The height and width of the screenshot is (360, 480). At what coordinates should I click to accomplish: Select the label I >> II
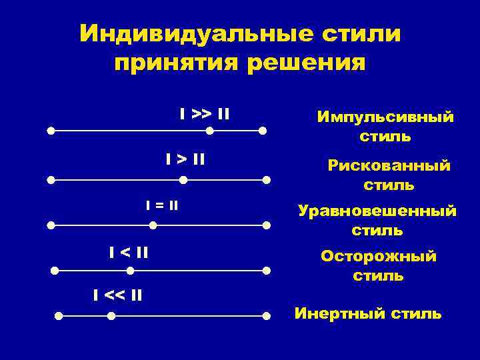205,114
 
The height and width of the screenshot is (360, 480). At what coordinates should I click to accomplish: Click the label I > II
185,159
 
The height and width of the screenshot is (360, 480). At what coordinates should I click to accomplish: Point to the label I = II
162,205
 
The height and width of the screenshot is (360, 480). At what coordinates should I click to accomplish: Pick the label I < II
129,252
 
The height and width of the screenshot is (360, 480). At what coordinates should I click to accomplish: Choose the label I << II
117,294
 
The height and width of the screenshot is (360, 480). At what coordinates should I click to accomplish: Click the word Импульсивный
385,117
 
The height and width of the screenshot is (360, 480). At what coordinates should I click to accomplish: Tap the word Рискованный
389,165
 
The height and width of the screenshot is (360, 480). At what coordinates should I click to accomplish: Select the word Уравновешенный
377,211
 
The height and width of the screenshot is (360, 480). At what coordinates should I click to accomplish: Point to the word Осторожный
379,256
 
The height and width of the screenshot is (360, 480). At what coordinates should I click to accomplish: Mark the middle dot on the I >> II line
210,131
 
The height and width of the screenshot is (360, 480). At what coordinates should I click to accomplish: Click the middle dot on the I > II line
183,179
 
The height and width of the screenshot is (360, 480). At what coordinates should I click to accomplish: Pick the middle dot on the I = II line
153,225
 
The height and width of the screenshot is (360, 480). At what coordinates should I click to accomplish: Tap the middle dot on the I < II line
131,271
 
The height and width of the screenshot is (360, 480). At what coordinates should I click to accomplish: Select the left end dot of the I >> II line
51,131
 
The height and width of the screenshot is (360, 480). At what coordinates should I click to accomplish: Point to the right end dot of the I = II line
267,225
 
